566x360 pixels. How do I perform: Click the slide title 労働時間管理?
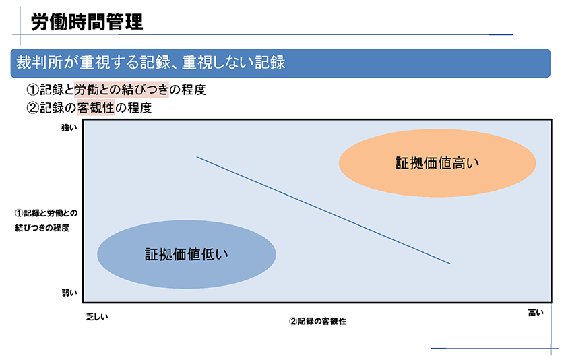pyautogui.click(x=87, y=22)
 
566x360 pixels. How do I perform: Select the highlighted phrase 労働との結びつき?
pyautogui.click(x=121, y=90)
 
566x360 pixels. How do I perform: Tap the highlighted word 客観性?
pyautogui.click(x=96, y=108)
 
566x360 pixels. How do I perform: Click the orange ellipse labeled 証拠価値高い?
pyautogui.click(x=437, y=163)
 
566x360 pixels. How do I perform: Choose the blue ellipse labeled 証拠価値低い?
pyautogui.click(x=186, y=255)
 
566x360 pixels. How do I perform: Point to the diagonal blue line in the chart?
pyautogui.click(x=323, y=210)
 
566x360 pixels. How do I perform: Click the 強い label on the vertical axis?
pyautogui.click(x=69, y=127)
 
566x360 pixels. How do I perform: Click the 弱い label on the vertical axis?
pyautogui.click(x=69, y=293)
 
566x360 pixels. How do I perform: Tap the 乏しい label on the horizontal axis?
pyautogui.click(x=97, y=317)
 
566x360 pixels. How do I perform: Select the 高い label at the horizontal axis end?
pyautogui.click(x=536, y=313)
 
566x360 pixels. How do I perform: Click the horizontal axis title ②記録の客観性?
pyautogui.click(x=317, y=321)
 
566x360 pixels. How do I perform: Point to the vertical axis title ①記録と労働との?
pyautogui.click(x=46, y=213)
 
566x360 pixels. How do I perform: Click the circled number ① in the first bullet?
pyautogui.click(x=33, y=90)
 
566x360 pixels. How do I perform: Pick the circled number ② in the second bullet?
pyautogui.click(x=33, y=108)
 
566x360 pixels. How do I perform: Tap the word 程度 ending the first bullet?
pyautogui.click(x=193, y=90)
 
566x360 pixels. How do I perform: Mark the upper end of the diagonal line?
pyautogui.click(x=197, y=156)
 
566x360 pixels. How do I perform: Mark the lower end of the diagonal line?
pyautogui.click(x=450, y=264)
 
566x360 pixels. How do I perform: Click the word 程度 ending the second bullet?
pyautogui.click(x=139, y=108)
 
